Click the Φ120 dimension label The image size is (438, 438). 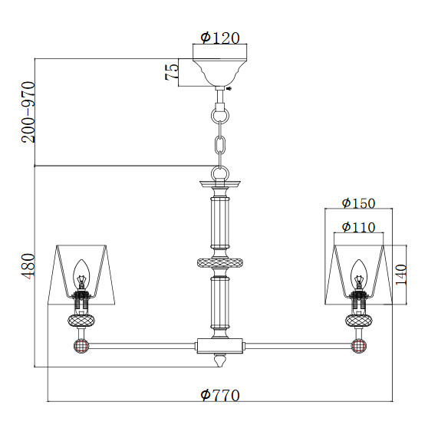(x=220, y=38)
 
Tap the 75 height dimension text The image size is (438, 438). (x=172, y=72)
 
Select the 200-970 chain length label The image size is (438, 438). (x=28, y=112)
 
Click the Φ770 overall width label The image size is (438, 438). (x=220, y=395)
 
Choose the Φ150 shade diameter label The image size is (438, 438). (x=358, y=203)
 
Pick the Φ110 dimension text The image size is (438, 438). (x=358, y=227)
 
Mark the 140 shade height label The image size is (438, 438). (x=401, y=275)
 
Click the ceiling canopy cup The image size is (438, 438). (x=220, y=72)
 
